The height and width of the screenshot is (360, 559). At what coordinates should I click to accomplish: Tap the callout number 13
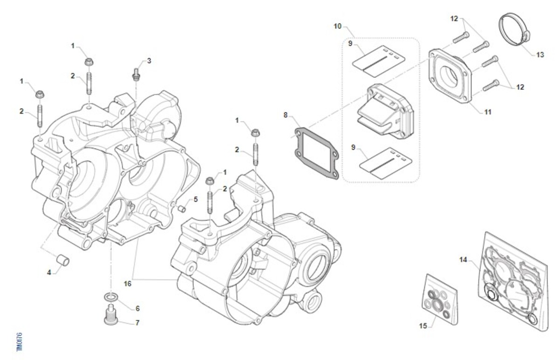(x=540, y=55)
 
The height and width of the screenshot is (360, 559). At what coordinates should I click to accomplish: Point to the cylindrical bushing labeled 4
(x=63, y=259)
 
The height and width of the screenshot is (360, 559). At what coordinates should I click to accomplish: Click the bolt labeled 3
(x=136, y=74)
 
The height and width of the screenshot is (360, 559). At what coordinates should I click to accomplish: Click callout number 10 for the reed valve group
(x=338, y=26)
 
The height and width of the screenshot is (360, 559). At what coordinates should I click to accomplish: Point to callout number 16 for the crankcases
(x=128, y=283)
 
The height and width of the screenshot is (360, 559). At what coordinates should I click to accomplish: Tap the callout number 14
(x=463, y=259)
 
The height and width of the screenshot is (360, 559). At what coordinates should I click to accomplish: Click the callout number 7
(x=137, y=322)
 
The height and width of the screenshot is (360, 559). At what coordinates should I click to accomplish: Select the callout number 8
(x=286, y=115)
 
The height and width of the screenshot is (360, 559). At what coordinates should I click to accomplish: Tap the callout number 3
(x=149, y=61)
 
